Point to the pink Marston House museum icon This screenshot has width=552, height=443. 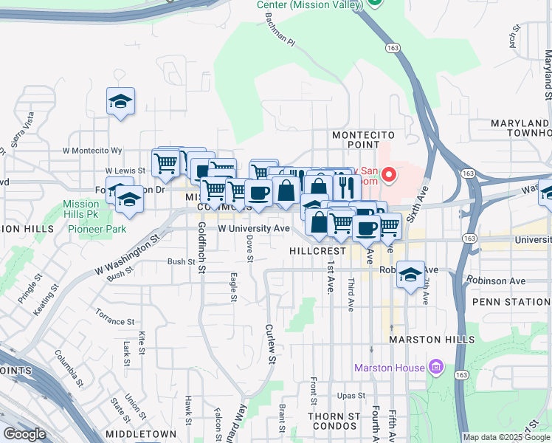436,367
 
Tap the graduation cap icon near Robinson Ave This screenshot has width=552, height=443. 410,275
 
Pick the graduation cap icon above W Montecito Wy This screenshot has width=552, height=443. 121,101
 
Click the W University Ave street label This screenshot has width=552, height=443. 253,228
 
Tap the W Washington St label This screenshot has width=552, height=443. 126,255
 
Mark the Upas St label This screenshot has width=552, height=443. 351,396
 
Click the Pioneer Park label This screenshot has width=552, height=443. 97,229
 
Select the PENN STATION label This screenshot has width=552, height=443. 511,302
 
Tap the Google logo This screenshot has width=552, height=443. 24,433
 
